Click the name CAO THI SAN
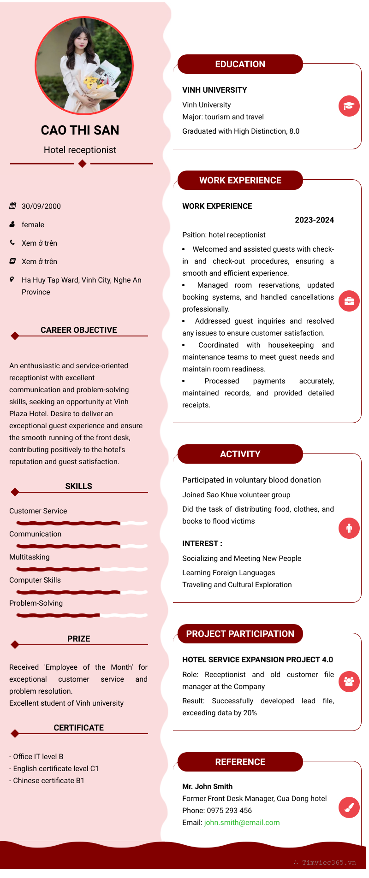point(80,130)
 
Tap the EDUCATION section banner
point(240,64)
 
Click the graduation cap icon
point(349,106)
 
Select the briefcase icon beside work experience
point(349,301)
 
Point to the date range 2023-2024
point(314,220)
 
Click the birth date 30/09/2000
point(41,206)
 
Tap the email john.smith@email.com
point(242,822)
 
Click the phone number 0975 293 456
point(229,810)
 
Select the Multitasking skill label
point(30,557)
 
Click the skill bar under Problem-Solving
point(82,615)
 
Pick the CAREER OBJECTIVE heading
point(78,330)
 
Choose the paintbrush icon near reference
point(349,807)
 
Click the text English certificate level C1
point(56,768)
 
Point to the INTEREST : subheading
point(202,543)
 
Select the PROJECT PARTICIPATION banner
point(240,634)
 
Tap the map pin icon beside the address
point(12,279)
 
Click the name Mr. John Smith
point(207,786)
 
